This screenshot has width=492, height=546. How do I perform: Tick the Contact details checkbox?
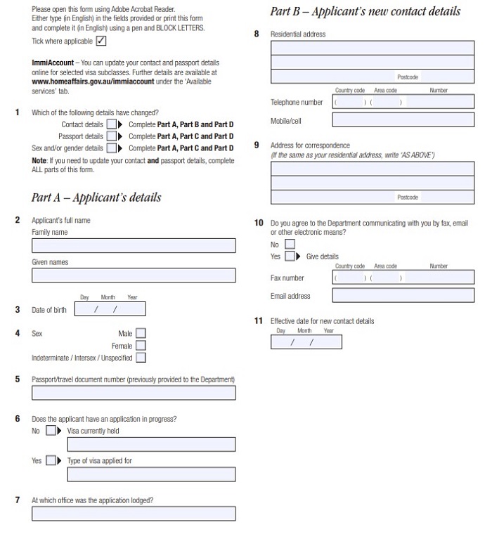pos(110,124)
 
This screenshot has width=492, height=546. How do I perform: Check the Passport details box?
pos(110,136)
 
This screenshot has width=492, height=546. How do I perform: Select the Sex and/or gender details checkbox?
pos(110,148)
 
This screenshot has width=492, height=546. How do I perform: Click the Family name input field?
pos(134,245)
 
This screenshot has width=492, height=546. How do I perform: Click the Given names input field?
pos(134,275)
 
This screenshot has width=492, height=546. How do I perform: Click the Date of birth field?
pos(110,309)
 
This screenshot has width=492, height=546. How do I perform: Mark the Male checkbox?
pos(141,334)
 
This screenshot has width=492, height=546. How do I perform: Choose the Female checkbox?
pos(141,346)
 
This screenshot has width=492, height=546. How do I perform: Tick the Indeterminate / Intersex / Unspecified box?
pos(141,358)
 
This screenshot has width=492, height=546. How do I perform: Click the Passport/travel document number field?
pos(134,393)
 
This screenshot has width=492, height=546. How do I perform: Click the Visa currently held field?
pos(151,444)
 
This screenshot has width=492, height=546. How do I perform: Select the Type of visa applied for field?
pos(151,474)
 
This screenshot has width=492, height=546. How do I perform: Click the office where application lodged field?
pos(134,514)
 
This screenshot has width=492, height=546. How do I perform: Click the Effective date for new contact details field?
pos(306,342)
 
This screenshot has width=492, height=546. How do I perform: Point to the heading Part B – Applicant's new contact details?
pos(365,11)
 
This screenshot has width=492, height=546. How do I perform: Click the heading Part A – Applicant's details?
pos(96,197)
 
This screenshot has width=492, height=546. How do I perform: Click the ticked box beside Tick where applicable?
pos(101,41)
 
